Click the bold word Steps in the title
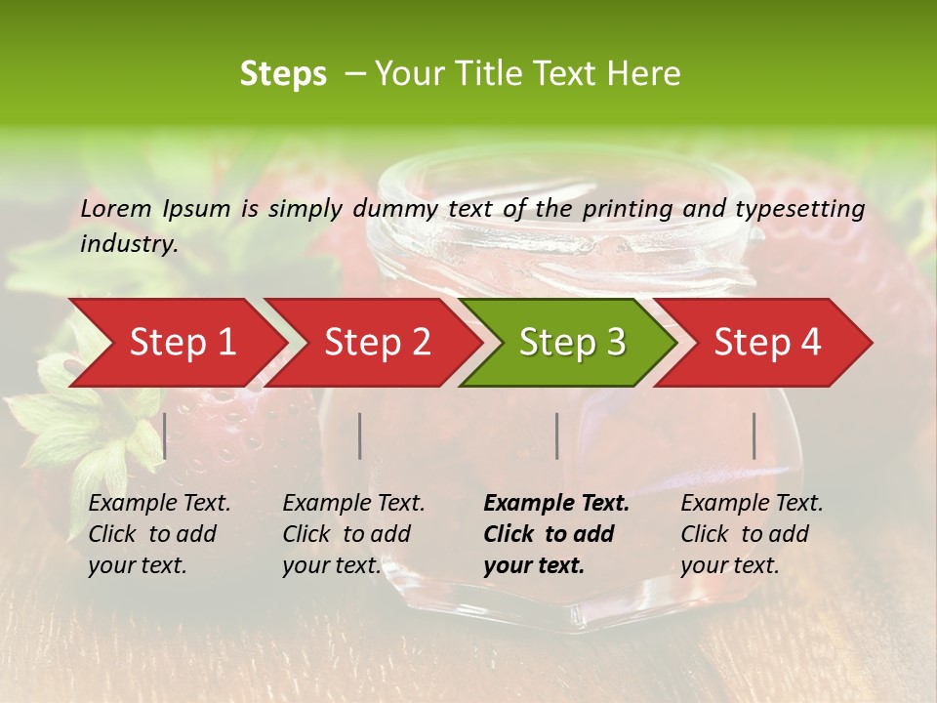point(283,74)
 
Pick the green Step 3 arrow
point(572,342)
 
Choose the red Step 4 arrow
point(767,342)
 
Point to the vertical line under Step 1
point(165,435)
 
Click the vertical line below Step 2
point(360,435)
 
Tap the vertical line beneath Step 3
point(557,435)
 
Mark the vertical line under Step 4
point(754,435)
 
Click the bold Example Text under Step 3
point(556,504)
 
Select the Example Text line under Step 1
point(159,504)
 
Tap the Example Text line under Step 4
point(752,504)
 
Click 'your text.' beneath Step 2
point(331,565)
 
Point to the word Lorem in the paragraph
point(116,208)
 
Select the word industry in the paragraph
point(129,244)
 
